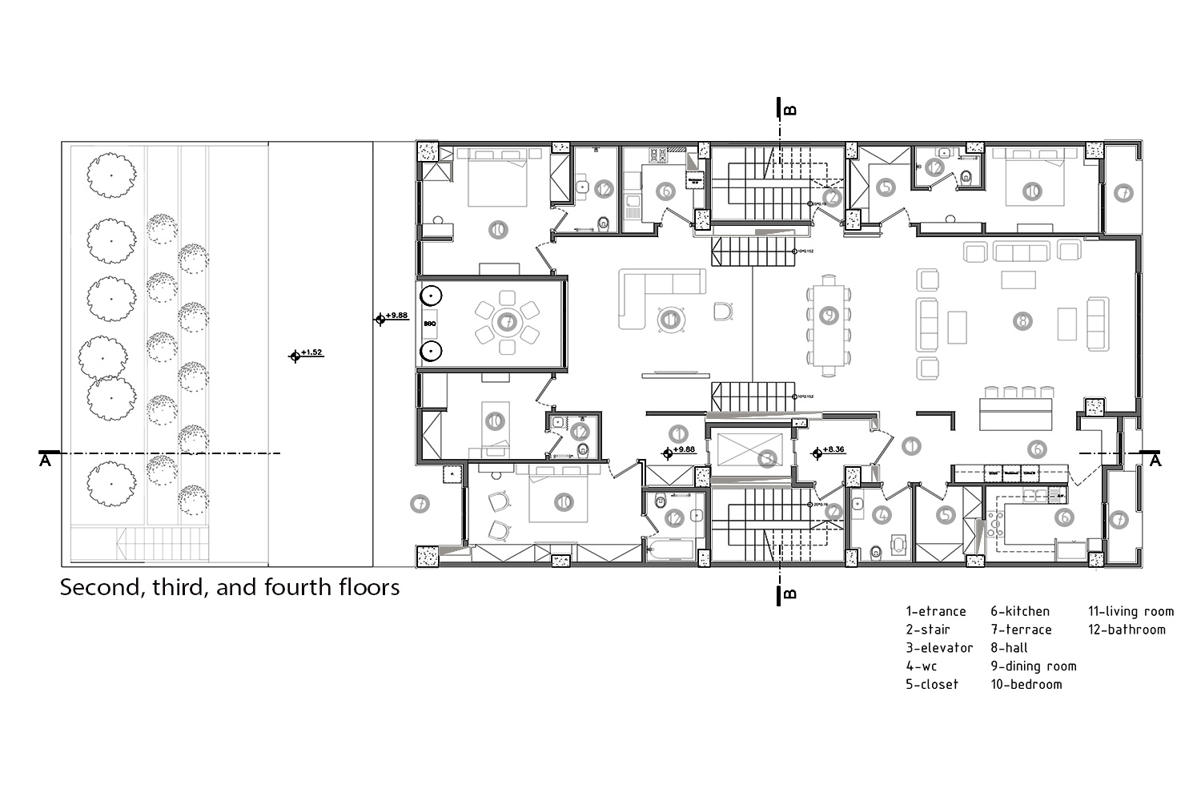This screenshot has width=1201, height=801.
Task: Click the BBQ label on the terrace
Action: (x=429, y=324)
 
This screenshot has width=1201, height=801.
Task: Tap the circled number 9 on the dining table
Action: (x=829, y=316)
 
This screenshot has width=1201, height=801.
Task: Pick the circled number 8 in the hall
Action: (x=1022, y=321)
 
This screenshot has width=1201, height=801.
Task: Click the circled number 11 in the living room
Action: (x=669, y=320)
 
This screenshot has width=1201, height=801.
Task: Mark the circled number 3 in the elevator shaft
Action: (x=767, y=459)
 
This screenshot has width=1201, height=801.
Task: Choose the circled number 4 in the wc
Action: (x=882, y=515)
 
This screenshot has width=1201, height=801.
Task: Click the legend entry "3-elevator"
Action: (x=939, y=648)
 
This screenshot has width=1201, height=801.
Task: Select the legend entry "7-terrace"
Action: (x=1021, y=630)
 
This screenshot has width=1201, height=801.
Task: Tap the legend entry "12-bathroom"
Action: (x=1127, y=630)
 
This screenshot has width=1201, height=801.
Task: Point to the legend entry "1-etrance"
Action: (x=936, y=611)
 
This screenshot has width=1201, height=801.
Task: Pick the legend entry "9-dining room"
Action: (x=1033, y=666)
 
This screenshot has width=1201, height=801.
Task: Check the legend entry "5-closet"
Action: (x=932, y=685)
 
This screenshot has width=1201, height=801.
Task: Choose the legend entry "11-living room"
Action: (x=1131, y=611)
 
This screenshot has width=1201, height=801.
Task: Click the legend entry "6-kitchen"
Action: (x=1019, y=611)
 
